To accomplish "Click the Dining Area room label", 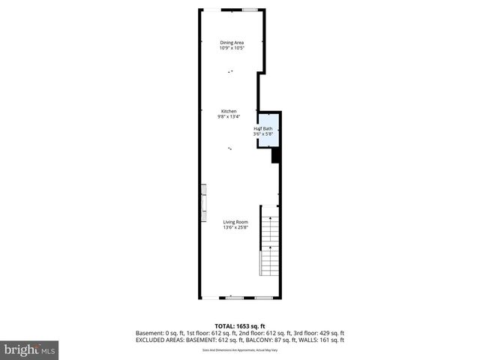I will pyautogui.click(x=232, y=43).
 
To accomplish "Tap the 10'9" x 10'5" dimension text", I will pyautogui.click(x=232, y=49).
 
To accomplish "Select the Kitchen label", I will pyautogui.click(x=229, y=111).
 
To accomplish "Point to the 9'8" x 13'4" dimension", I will pyautogui.click(x=229, y=117).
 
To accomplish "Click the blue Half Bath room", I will pyautogui.click(x=268, y=130).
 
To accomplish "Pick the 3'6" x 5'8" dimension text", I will pyautogui.click(x=263, y=134).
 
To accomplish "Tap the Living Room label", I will pyautogui.click(x=235, y=222).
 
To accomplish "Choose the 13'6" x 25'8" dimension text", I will pyautogui.click(x=235, y=228).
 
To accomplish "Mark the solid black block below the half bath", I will pyautogui.click(x=275, y=155).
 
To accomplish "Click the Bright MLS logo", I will pyautogui.click(x=30, y=349).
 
